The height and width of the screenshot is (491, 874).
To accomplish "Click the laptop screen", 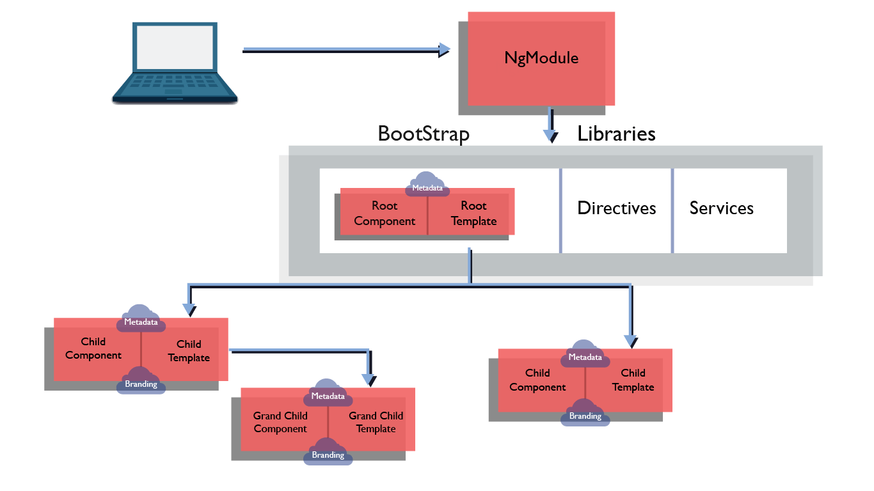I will (175, 47).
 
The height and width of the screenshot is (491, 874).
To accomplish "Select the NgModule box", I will (541, 58).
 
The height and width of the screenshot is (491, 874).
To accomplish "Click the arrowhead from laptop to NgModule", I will (445, 49).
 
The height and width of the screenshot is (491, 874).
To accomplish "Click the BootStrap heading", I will (424, 134).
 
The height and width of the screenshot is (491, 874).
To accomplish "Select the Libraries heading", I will (616, 134).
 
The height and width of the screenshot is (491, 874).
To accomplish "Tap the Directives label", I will (616, 208).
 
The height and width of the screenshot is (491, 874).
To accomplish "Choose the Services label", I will (721, 208).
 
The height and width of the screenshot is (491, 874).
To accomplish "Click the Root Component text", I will (385, 214).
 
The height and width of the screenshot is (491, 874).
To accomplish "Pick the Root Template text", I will (473, 214).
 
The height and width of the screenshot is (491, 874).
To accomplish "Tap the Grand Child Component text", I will (280, 423).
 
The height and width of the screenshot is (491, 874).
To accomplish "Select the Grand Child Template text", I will (376, 423).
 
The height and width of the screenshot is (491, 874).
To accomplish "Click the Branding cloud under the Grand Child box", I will (328, 453).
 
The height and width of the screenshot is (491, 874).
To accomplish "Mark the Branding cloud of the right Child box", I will (585, 414).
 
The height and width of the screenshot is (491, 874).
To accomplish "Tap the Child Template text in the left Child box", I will (189, 351).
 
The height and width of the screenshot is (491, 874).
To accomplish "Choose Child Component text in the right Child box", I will (537, 380).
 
